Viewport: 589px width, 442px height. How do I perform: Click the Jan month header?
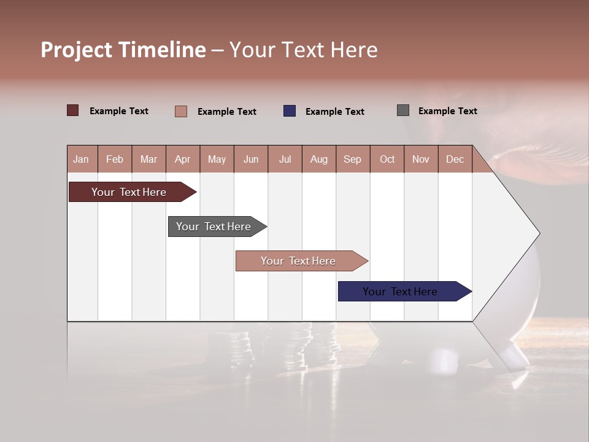click(x=81, y=159)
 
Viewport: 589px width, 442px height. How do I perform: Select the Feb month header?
click(x=115, y=159)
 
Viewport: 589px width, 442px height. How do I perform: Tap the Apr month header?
click(x=182, y=159)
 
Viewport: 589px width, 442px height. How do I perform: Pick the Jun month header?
click(x=251, y=159)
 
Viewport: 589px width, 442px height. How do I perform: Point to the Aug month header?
click(x=318, y=159)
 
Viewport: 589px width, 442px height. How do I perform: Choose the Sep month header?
click(x=352, y=159)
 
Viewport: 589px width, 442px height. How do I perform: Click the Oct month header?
click(x=387, y=159)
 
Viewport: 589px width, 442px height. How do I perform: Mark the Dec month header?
click(x=455, y=159)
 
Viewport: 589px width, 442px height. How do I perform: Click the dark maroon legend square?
click(x=73, y=110)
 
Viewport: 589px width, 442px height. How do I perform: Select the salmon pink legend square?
click(x=180, y=111)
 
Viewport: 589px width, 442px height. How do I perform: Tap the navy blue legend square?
click(x=290, y=110)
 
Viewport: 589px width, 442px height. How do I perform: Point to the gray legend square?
click(x=402, y=110)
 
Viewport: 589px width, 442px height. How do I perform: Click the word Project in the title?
click(x=77, y=50)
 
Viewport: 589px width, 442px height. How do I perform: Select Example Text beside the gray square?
click(x=447, y=111)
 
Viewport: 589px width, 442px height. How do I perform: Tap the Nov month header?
click(x=421, y=159)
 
